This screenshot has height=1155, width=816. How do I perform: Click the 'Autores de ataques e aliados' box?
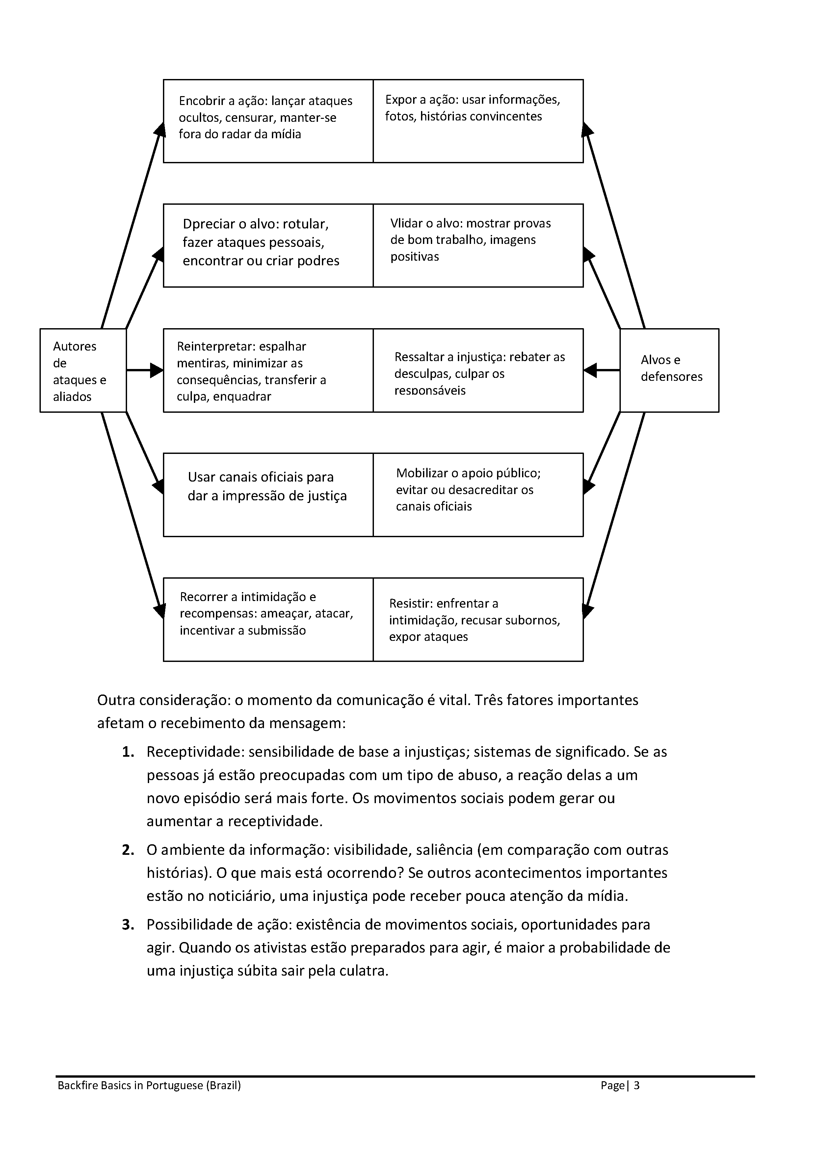click(83, 370)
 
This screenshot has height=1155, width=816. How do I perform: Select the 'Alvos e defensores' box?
click(669, 370)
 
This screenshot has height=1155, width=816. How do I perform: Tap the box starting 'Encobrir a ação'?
click(268, 121)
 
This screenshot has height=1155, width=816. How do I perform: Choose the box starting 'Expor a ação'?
click(478, 121)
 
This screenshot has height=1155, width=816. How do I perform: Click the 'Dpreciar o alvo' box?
click(268, 246)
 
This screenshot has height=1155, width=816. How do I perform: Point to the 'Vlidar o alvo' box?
click(478, 246)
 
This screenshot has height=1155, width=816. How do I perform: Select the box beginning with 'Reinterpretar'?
click(268, 370)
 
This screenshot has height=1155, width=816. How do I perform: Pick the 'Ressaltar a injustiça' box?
click(478, 370)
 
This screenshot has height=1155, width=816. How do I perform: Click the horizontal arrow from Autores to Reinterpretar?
click(145, 370)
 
